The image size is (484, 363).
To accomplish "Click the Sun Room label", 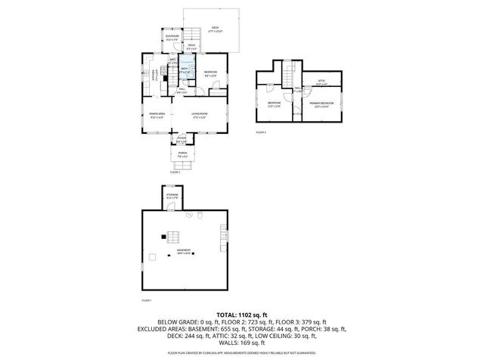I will pyautogui.click(x=172, y=37).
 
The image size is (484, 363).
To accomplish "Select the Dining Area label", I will pyautogui.click(x=157, y=116).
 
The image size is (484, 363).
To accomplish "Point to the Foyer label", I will pyautogui.click(x=181, y=139).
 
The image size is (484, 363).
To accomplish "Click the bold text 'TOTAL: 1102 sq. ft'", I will pyautogui.click(x=242, y=314).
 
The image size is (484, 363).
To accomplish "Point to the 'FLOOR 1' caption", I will pyautogui.click(x=147, y=301).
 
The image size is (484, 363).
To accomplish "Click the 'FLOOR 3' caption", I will pyautogui.click(x=261, y=132).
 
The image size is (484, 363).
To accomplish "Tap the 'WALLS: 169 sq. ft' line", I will pyautogui.click(x=242, y=345).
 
